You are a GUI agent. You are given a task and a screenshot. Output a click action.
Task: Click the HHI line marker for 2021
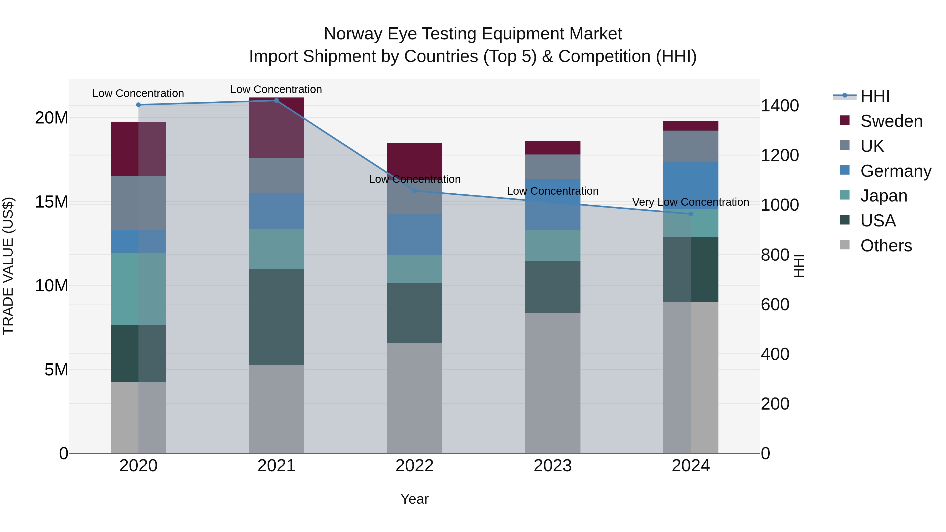pyautogui.click(x=276, y=101)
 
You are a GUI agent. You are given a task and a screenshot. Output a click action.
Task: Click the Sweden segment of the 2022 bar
pyautogui.click(x=415, y=158)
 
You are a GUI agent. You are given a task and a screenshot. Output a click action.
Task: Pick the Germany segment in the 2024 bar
pyautogui.click(x=690, y=185)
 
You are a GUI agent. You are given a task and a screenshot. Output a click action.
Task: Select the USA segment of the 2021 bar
pyautogui.click(x=276, y=317)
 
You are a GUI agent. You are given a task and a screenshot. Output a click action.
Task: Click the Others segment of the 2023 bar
pyautogui.click(x=552, y=383)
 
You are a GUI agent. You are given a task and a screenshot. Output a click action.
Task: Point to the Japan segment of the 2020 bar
pyautogui.click(x=138, y=288)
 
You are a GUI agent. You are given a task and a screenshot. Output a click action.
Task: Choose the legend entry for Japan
pyautogui.click(x=883, y=196)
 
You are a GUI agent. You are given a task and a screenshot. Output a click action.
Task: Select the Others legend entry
pyautogui.click(x=886, y=246)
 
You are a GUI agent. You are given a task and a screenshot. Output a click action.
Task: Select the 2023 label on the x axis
pyautogui.click(x=552, y=466)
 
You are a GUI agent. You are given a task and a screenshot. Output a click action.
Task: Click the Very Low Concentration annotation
pyautogui.click(x=690, y=202)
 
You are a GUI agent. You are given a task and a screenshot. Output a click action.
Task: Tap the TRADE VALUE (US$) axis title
pyautogui.click(x=8, y=266)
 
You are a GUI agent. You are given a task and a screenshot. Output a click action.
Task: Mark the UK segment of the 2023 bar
pyautogui.click(x=552, y=167)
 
